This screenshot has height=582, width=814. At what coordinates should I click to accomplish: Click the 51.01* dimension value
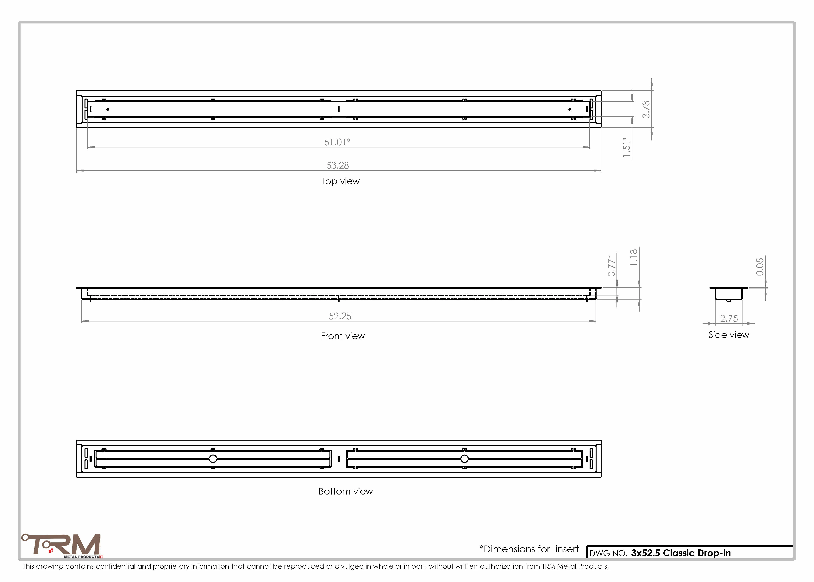click(337, 142)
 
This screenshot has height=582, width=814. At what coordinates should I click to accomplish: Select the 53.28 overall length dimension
click(338, 165)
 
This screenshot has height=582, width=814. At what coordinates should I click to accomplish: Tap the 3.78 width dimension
click(646, 109)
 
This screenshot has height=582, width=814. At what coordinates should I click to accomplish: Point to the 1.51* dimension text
click(626, 147)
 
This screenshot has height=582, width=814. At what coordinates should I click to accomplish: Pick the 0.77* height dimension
click(611, 266)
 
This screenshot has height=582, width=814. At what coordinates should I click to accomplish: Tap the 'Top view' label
click(340, 181)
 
